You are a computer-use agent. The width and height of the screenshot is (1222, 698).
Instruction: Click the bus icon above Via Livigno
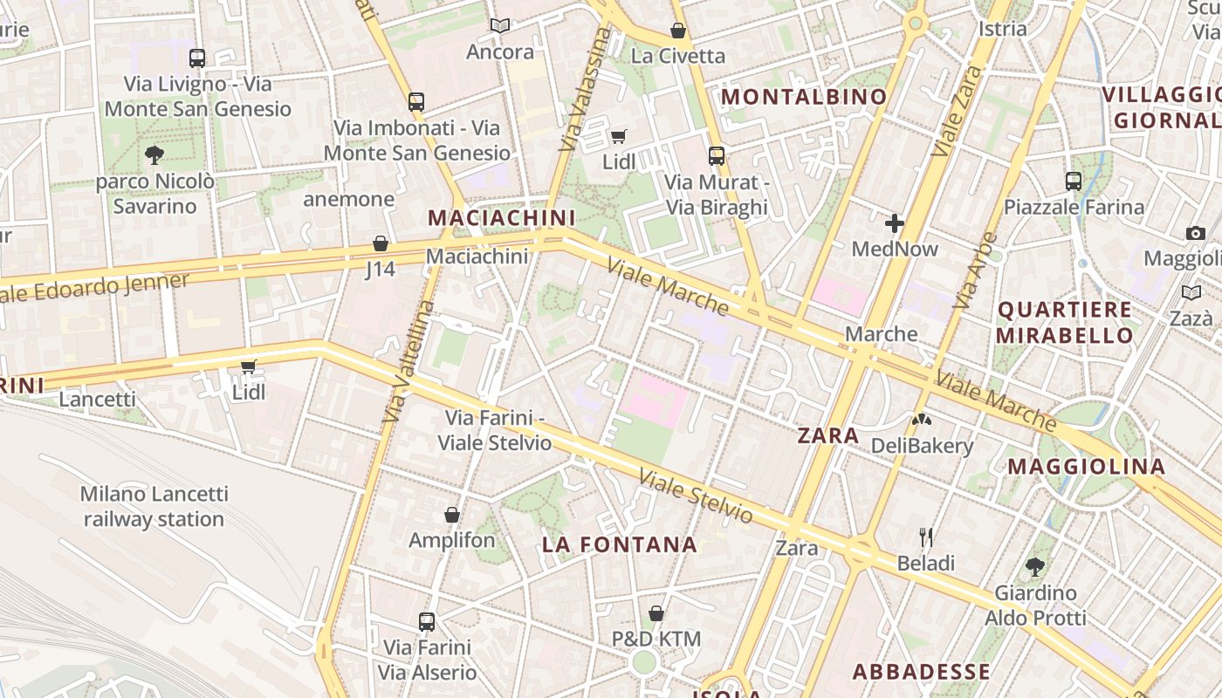197,58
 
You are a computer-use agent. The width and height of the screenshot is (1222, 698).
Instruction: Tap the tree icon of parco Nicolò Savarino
154,155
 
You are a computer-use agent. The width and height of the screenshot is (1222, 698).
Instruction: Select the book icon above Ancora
499,26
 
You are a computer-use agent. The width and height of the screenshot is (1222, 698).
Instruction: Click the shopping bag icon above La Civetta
678,31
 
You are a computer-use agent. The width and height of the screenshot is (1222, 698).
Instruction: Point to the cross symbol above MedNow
895,223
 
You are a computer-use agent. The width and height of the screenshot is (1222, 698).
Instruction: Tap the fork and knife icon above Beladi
926,537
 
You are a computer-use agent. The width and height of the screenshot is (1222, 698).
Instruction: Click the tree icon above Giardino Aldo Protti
1035,567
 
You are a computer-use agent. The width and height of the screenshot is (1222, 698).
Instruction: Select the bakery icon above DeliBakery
922,420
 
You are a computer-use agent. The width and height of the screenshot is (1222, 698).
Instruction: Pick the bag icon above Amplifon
452,515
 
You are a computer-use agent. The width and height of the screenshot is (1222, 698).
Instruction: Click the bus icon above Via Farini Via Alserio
427,622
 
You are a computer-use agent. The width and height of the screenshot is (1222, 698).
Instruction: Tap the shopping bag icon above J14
381,243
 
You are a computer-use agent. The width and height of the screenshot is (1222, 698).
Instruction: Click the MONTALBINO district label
804,97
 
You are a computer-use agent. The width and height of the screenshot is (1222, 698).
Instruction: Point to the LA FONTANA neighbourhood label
620,545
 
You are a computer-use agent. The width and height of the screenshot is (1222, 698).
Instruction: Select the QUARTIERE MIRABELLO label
1065,322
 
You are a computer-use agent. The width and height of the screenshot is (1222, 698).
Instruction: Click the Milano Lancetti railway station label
154,506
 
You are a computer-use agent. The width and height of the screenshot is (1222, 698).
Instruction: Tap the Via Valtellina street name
408,361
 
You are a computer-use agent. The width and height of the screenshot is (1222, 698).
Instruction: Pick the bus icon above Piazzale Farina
1074,181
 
